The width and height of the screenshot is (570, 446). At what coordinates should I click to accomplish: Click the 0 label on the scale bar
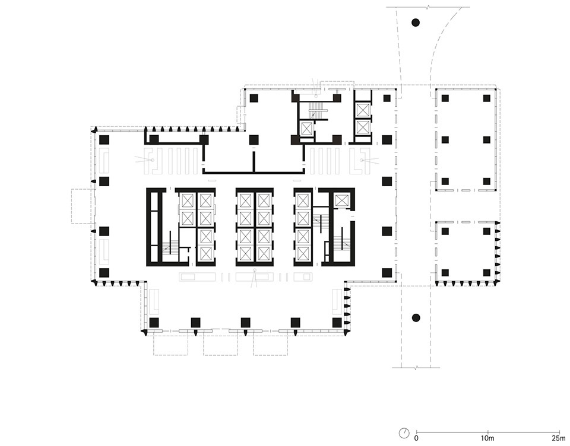416,438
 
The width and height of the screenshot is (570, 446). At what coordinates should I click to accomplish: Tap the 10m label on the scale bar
487,438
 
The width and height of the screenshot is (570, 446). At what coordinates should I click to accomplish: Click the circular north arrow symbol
404,433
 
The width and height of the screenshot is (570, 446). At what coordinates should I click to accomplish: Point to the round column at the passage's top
416,23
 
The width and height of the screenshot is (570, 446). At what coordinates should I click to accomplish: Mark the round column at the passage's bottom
416,318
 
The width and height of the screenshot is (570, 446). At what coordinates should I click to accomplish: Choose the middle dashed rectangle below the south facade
220,343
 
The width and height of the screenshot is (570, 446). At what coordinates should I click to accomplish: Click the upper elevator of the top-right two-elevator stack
363,110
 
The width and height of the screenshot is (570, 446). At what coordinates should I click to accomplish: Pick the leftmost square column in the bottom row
154,322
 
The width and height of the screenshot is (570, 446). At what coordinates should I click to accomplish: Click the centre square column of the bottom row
245,322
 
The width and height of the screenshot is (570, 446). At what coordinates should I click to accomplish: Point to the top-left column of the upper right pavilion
445,98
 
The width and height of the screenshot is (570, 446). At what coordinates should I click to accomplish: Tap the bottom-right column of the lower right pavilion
487,273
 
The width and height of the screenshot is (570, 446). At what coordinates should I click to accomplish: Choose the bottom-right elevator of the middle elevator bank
264,253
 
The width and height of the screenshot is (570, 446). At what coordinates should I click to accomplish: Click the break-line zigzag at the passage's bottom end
416,368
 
